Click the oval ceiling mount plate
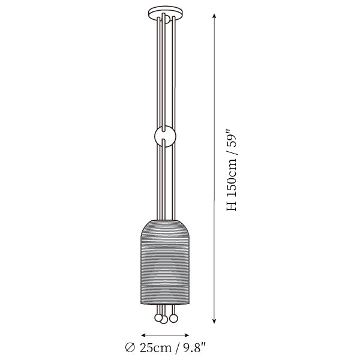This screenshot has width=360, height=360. (166, 11)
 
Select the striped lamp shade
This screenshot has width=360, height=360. (165, 262)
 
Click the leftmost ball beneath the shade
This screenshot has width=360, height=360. (158, 318)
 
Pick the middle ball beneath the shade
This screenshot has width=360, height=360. (164, 320)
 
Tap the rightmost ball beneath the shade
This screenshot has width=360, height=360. (173, 318)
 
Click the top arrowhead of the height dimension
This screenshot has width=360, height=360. (214, 16)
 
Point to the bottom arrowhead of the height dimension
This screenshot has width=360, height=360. (214, 321)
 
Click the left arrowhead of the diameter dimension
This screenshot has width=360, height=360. (143, 335)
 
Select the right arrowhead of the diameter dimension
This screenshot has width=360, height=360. (187, 335)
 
